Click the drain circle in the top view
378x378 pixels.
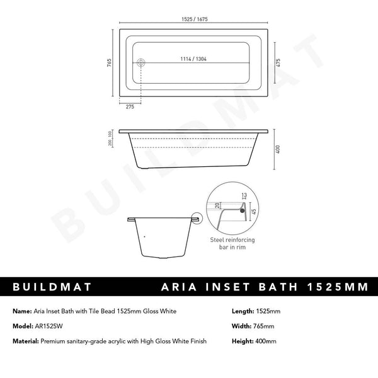[141, 62]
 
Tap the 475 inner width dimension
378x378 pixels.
[278, 62]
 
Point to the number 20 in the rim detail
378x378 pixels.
[217, 204]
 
